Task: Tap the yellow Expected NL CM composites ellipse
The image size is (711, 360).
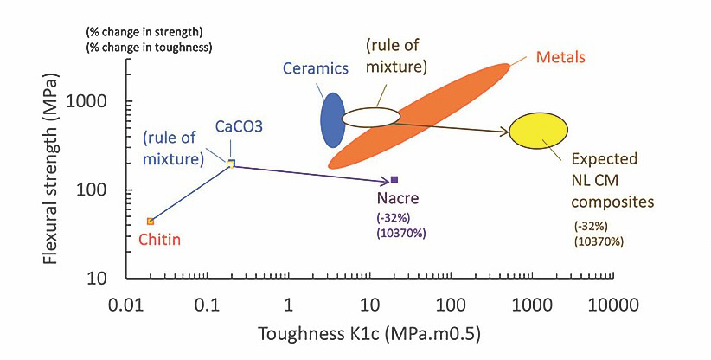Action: coord(538,131)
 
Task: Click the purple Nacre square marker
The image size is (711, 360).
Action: coord(394,180)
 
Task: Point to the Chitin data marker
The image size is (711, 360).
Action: coord(151,222)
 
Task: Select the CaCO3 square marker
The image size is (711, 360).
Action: coord(230,164)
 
